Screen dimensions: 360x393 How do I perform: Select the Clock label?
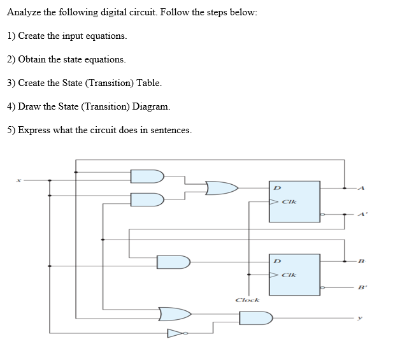tap(247, 299)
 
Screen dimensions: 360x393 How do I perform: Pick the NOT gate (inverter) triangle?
tap(173, 332)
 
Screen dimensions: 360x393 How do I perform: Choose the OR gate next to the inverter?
tap(175, 312)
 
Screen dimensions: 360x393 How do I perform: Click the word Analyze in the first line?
tap(25, 13)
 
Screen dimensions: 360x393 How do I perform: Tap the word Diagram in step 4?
tap(150, 106)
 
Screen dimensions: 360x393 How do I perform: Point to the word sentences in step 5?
tap(169, 130)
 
